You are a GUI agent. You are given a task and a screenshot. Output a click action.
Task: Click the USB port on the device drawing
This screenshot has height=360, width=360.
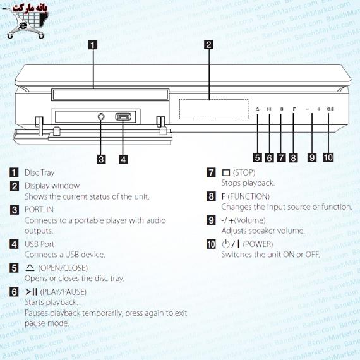tap(123, 117)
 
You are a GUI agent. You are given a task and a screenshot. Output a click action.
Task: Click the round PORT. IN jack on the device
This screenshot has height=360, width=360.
tap(101, 117)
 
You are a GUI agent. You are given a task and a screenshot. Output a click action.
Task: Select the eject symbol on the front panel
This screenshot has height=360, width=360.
tap(258, 109)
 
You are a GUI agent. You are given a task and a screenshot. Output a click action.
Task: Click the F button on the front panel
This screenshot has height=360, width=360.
tap(294, 109)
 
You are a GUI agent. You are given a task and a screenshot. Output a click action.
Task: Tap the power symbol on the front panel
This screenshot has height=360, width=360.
tap(330, 109)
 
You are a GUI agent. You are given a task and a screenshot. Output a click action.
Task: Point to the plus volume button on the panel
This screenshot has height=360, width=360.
tap(319, 109)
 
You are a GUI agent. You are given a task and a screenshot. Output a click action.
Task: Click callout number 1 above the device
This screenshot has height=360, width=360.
tap(93, 45)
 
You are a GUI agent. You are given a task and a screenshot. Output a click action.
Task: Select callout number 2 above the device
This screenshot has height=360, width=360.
tap(208, 45)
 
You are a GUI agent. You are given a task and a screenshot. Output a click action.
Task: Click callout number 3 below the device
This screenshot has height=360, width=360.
tap(101, 159)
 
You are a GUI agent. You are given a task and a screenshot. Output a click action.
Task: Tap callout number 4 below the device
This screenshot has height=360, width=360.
tap(123, 159)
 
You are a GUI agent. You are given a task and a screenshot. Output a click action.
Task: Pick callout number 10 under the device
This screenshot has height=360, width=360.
tap(328, 157)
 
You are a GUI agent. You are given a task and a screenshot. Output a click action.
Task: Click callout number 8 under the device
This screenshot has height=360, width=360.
tap(293, 158)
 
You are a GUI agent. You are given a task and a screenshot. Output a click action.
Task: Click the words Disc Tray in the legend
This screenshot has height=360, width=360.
tap(40, 172)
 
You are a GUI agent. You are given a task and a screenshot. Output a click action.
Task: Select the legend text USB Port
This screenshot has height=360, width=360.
tap(40, 244)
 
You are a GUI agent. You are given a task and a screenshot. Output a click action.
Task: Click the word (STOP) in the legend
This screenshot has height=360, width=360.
tap(244, 172)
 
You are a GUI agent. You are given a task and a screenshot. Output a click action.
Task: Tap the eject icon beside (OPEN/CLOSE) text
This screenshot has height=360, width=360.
tap(30, 268)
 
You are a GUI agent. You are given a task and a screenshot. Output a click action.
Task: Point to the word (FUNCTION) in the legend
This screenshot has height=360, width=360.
tap(249, 196)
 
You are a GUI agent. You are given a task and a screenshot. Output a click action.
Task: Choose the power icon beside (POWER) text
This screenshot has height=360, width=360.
tap(225, 244)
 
